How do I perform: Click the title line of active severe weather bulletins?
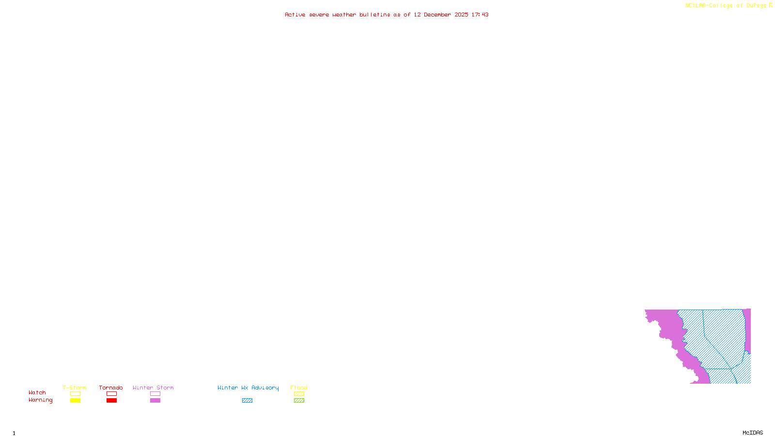click(387, 15)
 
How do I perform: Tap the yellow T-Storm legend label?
click(75, 388)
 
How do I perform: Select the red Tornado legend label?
click(111, 388)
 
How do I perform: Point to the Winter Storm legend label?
click(153, 388)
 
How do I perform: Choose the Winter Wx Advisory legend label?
click(248, 388)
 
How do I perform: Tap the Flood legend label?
click(299, 388)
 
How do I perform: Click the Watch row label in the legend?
click(37, 393)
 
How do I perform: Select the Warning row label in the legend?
click(41, 400)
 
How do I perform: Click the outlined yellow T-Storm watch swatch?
click(75, 394)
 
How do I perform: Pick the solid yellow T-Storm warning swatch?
click(75, 401)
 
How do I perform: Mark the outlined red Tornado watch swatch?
click(111, 394)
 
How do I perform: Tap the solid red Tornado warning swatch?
click(111, 401)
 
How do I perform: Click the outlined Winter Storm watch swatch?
click(155, 394)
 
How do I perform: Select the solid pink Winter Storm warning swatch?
click(155, 401)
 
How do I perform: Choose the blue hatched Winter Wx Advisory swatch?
click(247, 401)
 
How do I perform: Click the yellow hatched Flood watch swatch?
click(299, 394)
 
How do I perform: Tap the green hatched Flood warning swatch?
click(299, 401)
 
